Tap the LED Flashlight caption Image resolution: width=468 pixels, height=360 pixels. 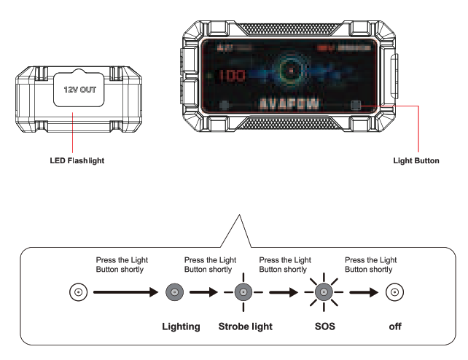[74, 160]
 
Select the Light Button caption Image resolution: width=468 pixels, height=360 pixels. [416, 160]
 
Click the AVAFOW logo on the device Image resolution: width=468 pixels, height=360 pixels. [287, 103]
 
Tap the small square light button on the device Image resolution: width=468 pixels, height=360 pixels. [356, 104]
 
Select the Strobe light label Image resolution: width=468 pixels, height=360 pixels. [246, 326]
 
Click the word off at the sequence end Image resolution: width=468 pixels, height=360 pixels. [395, 326]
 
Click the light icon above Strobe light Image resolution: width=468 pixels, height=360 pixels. [245, 294]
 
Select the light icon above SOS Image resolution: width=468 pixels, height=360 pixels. [321, 294]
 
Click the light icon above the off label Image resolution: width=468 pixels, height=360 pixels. [395, 294]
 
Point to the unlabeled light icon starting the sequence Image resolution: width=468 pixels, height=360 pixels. [77, 294]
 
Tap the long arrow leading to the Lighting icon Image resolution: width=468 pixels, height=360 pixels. [125, 294]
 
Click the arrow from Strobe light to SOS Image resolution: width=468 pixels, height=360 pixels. [284, 294]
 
